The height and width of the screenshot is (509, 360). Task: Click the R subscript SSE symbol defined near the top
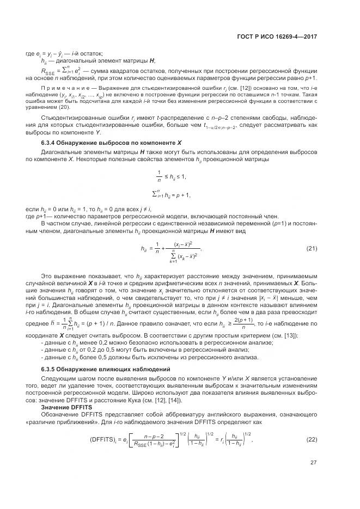tap(49, 70)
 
